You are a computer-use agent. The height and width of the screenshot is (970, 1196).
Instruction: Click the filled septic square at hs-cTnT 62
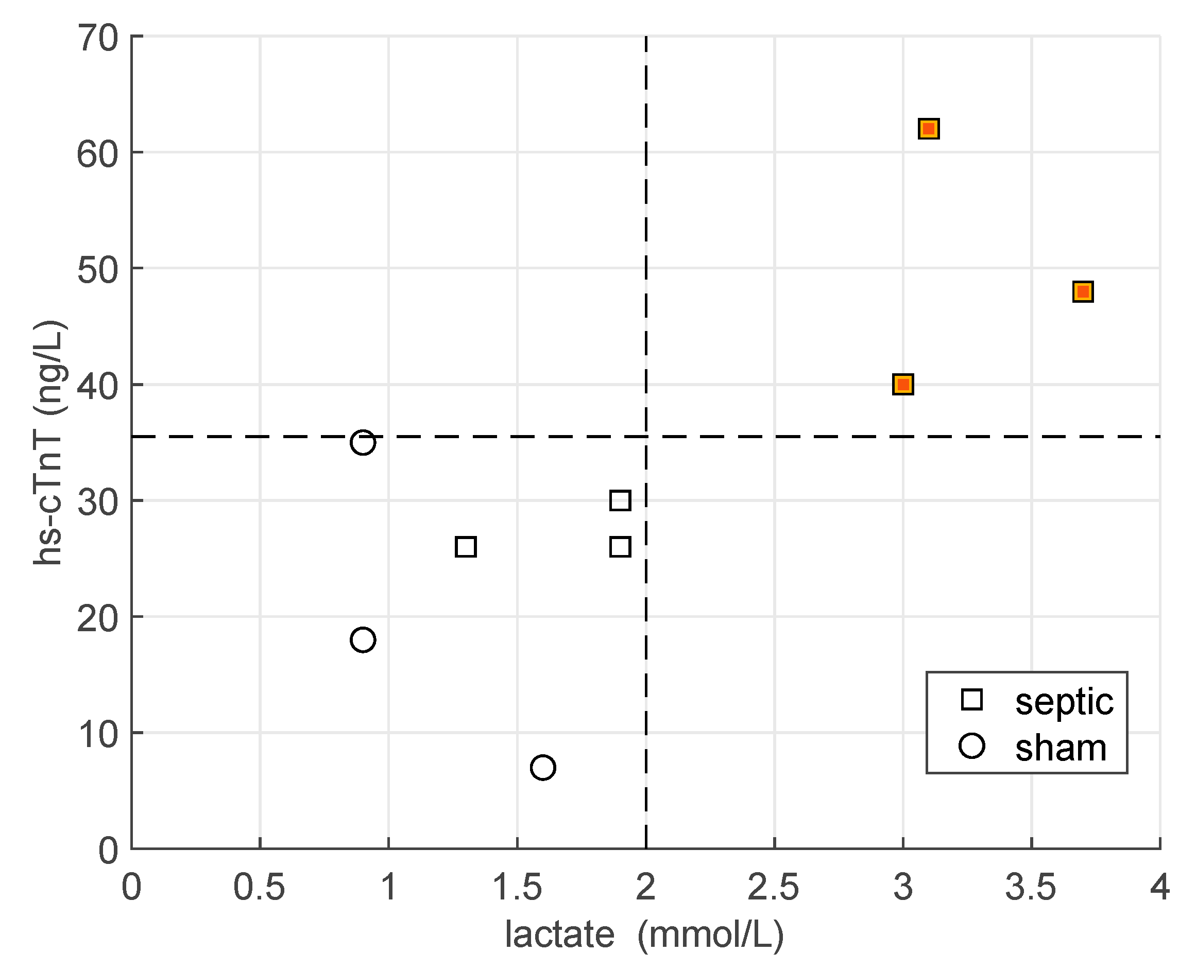928,129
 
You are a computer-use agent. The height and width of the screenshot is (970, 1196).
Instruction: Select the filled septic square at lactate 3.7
1083,292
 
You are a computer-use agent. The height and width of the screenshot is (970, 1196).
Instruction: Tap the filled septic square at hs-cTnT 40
902,385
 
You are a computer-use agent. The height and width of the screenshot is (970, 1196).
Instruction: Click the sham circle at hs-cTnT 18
363,640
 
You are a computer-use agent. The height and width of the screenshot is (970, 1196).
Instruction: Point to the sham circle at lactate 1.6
543,767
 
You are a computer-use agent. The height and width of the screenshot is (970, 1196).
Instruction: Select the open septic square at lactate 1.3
466,547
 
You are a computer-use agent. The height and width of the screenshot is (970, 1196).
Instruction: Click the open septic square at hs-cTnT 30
620,500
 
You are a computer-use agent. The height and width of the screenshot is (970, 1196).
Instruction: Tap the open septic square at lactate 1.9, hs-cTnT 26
620,547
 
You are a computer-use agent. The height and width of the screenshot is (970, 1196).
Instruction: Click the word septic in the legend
1064,701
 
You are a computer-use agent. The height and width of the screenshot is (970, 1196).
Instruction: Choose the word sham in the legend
1060,748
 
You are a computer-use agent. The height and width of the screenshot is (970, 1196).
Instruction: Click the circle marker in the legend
972,747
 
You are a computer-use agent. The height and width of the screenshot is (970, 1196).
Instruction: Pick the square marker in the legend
972,700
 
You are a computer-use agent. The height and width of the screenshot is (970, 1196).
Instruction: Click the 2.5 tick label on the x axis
774,888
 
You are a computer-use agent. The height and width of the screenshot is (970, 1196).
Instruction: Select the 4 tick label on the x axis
1159,888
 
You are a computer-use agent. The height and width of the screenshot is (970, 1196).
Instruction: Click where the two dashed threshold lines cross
646,437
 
